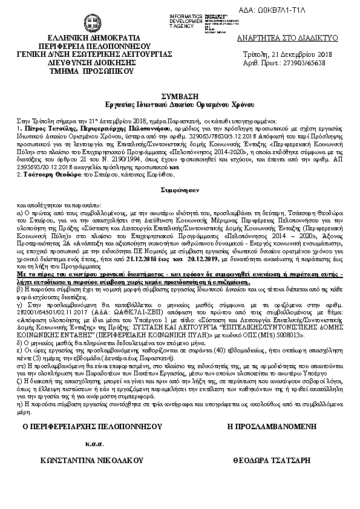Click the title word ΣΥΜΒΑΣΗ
point(180,96)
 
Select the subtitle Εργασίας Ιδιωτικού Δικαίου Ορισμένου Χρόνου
point(180,104)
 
